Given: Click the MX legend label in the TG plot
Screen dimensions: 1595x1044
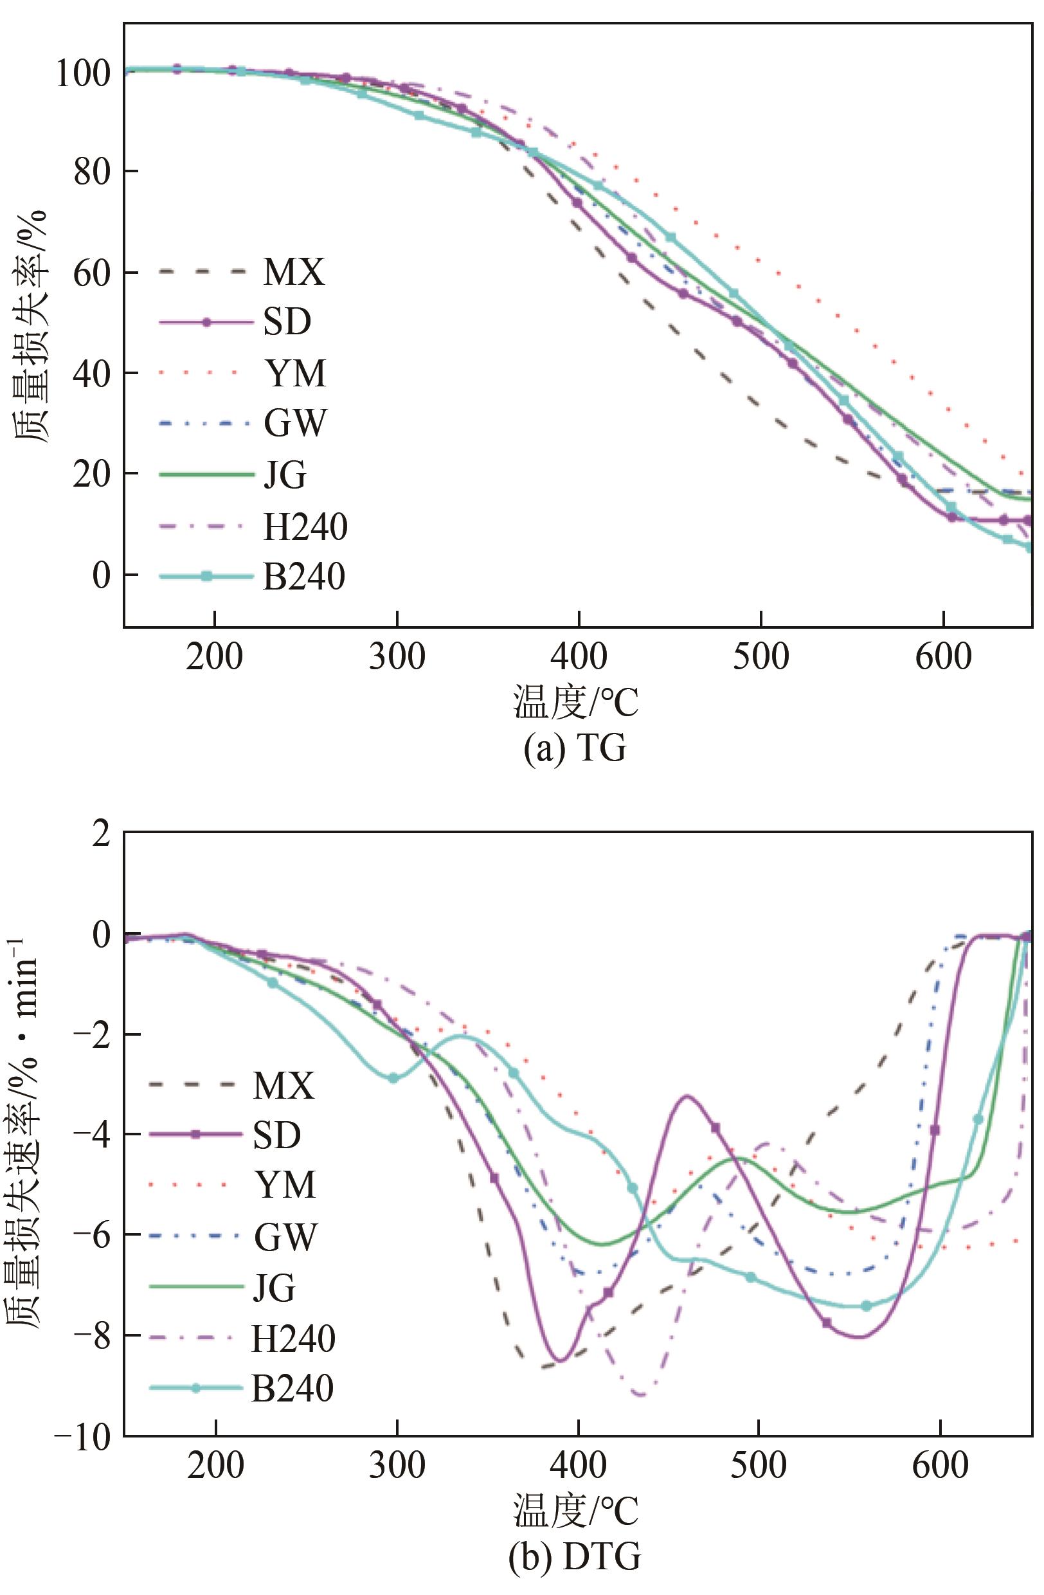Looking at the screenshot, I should tap(294, 272).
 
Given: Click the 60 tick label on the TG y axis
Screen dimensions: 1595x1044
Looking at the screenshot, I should tap(91, 273).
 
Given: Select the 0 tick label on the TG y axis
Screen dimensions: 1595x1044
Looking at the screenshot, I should tap(101, 574).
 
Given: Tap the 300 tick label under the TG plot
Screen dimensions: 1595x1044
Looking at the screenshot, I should tap(397, 657).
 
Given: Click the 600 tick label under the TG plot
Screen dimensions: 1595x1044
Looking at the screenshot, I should tap(943, 657).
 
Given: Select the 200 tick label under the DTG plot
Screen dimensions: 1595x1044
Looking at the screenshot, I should tap(216, 1466).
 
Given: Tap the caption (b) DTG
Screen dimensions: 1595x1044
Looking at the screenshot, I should tap(574, 1554).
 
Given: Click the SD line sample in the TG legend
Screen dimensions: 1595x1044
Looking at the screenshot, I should tap(207, 322).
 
